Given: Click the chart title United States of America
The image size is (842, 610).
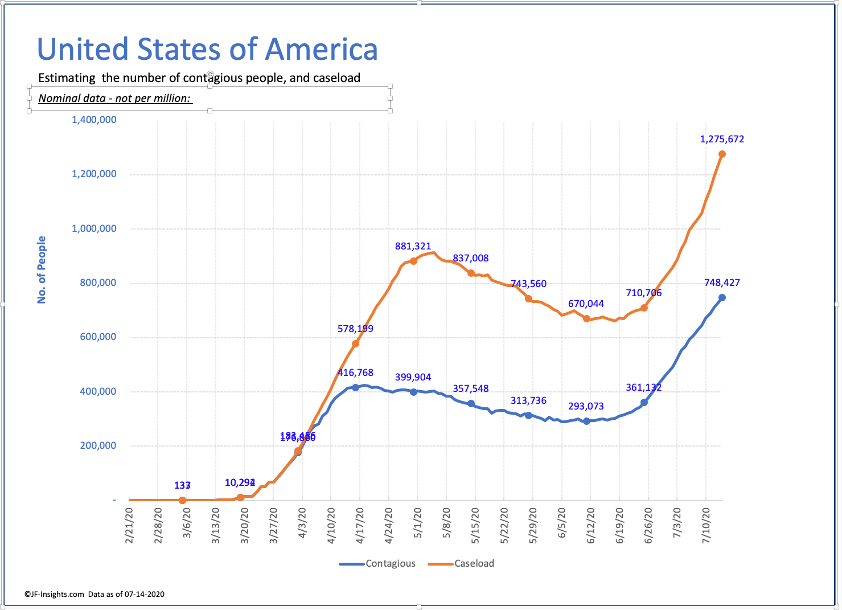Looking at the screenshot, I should [207, 49].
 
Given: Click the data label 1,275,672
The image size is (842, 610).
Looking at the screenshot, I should [722, 139].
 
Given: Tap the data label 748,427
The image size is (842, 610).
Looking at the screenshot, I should [722, 283].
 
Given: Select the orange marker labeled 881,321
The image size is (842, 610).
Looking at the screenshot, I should [413, 261].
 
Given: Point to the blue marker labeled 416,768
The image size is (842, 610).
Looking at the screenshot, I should [355, 387].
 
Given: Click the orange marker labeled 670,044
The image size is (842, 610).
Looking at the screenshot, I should [586, 319].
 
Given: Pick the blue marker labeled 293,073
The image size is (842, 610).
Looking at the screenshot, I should [586, 421].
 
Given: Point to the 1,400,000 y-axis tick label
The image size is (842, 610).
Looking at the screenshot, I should [94, 120].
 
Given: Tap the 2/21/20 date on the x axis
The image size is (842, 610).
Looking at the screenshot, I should [130, 525].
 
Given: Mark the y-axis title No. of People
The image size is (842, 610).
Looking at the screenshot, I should [42, 269].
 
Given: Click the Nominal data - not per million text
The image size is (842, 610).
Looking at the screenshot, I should [115, 98].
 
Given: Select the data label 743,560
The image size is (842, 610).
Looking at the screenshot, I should [528, 284].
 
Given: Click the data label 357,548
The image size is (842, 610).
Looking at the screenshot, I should [471, 388].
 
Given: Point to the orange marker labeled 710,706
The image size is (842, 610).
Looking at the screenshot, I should [644, 308].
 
